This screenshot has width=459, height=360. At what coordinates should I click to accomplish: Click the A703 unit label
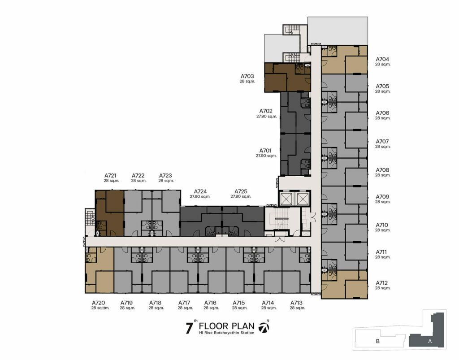247,76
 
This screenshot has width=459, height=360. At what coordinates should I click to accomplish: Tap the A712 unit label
382,283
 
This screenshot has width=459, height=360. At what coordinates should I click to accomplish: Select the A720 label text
98,303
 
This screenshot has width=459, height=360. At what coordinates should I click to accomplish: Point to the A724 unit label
200,191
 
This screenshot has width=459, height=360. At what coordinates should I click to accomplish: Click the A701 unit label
266,151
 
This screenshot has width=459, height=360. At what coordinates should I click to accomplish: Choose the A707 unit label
382,142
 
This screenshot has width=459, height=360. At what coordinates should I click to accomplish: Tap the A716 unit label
210,303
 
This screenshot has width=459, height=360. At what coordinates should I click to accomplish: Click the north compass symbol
264,327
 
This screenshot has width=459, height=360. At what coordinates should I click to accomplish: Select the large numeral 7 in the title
190,328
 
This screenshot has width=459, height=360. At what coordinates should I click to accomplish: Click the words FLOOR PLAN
226,326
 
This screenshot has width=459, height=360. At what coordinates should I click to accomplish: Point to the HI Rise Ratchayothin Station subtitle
226,333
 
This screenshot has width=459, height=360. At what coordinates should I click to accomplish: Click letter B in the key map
377,341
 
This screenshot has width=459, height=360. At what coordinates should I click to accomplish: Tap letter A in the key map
430,341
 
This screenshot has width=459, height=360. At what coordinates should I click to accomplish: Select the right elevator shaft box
301,199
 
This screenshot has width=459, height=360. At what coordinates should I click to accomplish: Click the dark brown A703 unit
287,78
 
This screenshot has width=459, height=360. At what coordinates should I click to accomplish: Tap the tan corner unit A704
345,60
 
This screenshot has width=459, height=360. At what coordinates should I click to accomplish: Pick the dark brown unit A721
109,213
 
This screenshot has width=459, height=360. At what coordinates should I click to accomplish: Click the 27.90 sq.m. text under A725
241,197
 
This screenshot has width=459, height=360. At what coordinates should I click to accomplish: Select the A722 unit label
138,176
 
